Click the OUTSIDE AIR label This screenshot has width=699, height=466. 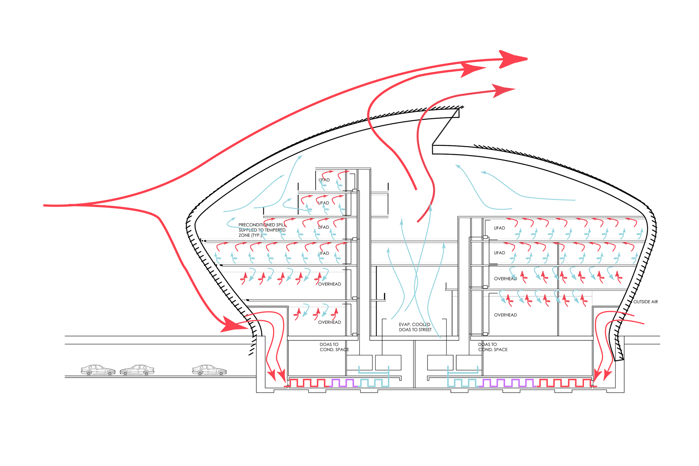(645, 302)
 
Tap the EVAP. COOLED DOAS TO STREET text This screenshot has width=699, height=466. (415, 327)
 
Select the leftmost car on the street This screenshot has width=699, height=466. (98, 370)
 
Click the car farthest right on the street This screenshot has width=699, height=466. (209, 370)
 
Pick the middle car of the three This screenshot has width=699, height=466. (137, 370)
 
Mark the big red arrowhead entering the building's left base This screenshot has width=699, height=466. (233, 325)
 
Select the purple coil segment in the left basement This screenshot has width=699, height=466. (344, 383)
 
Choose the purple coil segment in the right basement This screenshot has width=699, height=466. (507, 383)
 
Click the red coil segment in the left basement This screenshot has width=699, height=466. (309, 383)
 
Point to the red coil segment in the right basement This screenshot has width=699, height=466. (565, 383)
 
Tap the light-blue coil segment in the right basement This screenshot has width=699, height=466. (462, 383)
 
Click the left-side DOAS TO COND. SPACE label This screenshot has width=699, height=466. (334, 347)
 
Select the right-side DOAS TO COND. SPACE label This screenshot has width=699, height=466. (492, 347)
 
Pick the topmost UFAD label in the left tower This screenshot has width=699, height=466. (324, 180)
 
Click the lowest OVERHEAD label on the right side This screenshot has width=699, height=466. (505, 315)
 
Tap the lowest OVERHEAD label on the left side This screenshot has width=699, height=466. (329, 322)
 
